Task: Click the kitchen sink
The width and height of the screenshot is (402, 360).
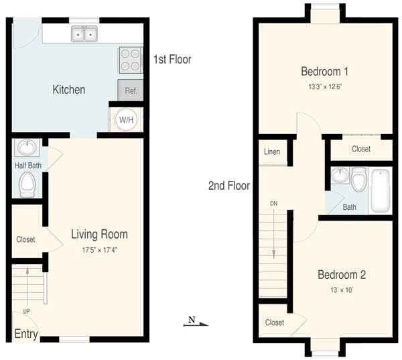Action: click(x=84, y=34)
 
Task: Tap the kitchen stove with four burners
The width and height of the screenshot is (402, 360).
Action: click(x=131, y=60)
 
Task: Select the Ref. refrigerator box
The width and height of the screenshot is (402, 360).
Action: click(x=130, y=90)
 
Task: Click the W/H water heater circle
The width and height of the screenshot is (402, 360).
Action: click(x=126, y=119)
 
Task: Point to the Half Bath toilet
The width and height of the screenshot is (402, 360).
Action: click(x=27, y=184)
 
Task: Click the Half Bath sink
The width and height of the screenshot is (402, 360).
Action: click(x=27, y=147)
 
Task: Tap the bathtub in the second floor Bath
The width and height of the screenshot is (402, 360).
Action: click(x=380, y=191)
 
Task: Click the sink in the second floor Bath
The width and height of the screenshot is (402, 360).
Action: click(x=340, y=176)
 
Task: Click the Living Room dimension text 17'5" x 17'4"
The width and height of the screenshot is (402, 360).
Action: click(x=99, y=250)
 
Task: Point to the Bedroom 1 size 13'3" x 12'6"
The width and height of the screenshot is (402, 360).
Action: click(x=324, y=86)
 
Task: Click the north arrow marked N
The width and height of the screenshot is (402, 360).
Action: click(x=196, y=322)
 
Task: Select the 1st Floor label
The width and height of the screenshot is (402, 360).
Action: click(x=172, y=60)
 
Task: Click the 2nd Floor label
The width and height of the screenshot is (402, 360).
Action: click(x=228, y=186)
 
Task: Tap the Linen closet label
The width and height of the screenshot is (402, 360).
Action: click(x=272, y=152)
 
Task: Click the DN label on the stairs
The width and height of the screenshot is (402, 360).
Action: click(x=273, y=203)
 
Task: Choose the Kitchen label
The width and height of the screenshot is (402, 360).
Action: click(x=69, y=89)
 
